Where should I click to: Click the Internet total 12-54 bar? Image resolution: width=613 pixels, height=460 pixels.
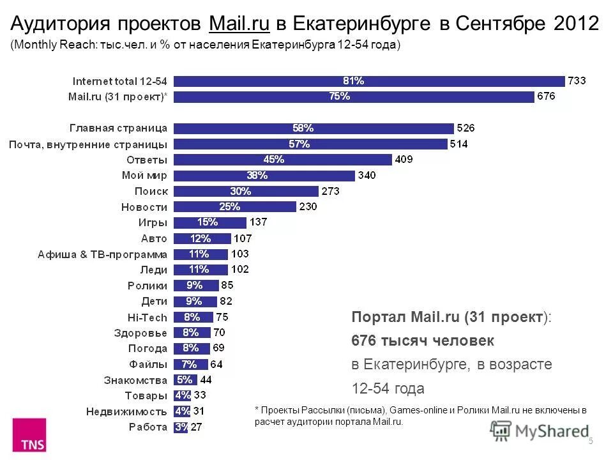click(x=369, y=81)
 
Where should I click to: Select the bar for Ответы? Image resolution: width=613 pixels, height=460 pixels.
click(x=282, y=160)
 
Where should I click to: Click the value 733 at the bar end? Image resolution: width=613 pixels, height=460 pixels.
click(x=578, y=81)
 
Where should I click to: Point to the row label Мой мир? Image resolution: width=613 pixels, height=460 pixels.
click(x=144, y=175)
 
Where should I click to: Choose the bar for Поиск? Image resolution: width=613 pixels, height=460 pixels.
click(x=245, y=191)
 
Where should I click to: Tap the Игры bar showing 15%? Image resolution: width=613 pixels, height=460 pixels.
click(x=209, y=222)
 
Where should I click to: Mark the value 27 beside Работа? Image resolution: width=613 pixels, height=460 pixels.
click(x=197, y=427)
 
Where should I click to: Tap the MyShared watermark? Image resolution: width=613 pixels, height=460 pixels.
click(x=540, y=431)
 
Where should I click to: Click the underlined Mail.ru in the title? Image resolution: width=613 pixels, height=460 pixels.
click(x=239, y=24)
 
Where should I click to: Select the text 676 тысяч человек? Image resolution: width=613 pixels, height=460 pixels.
click(x=423, y=341)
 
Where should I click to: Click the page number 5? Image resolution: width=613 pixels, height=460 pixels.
click(x=591, y=441)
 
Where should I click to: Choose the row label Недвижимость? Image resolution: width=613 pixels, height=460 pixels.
click(x=127, y=411)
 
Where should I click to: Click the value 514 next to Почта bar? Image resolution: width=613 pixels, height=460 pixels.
click(x=458, y=144)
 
